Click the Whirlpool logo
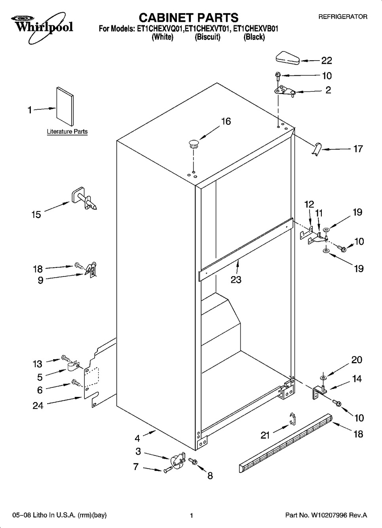pos(38,24)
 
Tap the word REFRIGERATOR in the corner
pos(343,17)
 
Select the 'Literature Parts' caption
pos(67,132)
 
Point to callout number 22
pos(327,61)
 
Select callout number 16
pos(226,121)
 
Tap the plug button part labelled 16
pos(194,143)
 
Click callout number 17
pos(358,149)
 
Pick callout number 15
pos(36,215)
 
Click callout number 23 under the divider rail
pos(236,280)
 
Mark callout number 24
pos(38,405)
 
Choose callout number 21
pos(265,435)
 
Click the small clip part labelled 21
pos(292,419)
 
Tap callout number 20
pos(357,360)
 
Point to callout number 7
pos(136,467)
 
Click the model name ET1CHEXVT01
pos(208,29)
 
